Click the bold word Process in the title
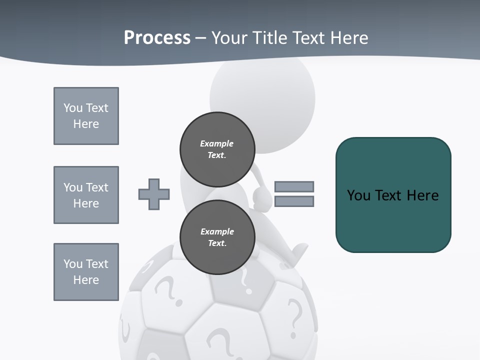(x=157, y=37)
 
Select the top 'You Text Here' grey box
(x=86, y=116)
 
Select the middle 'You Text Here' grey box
(x=86, y=195)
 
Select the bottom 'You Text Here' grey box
(x=86, y=272)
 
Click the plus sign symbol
(x=154, y=194)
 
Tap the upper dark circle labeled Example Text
(x=217, y=149)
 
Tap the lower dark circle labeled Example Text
(x=217, y=237)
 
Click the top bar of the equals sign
(x=294, y=186)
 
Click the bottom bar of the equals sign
(x=294, y=201)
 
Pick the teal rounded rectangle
(x=393, y=220)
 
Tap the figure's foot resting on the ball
(x=298, y=250)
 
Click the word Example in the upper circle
(x=217, y=143)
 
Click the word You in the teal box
(x=358, y=195)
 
